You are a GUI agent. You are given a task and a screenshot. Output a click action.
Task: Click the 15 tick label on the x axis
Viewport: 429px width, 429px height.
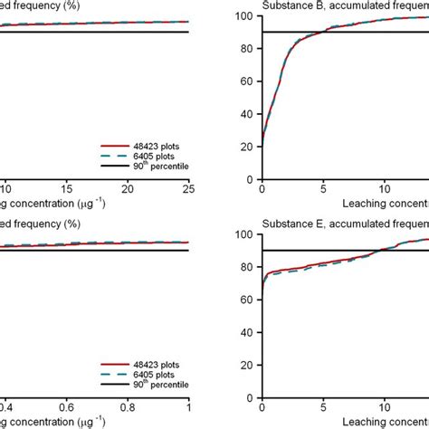[x=65, y=188]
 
